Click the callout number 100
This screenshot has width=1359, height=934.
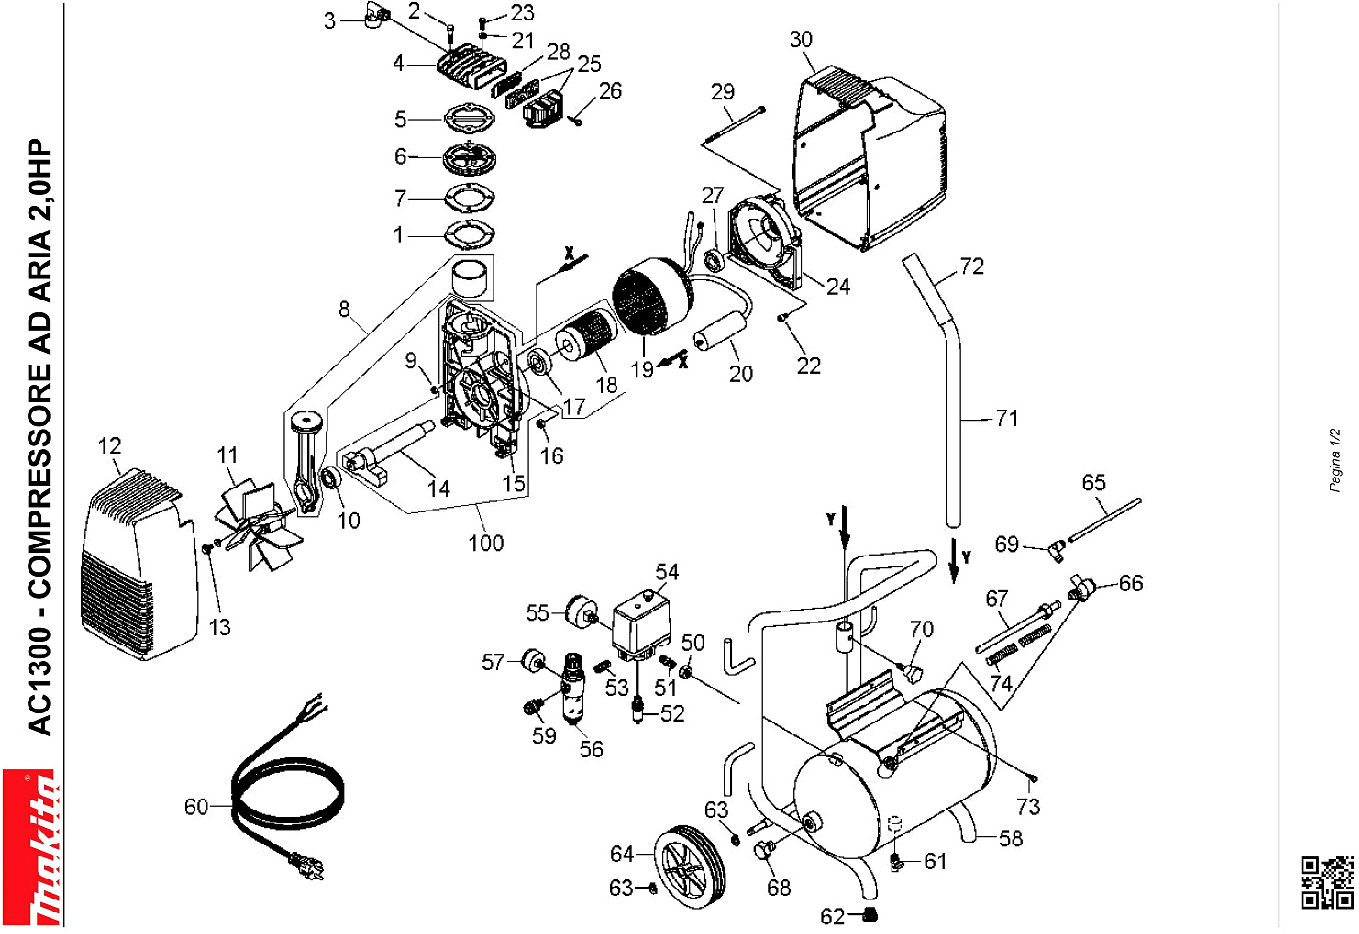[x=486, y=543]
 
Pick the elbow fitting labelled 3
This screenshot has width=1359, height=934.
[x=374, y=14]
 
